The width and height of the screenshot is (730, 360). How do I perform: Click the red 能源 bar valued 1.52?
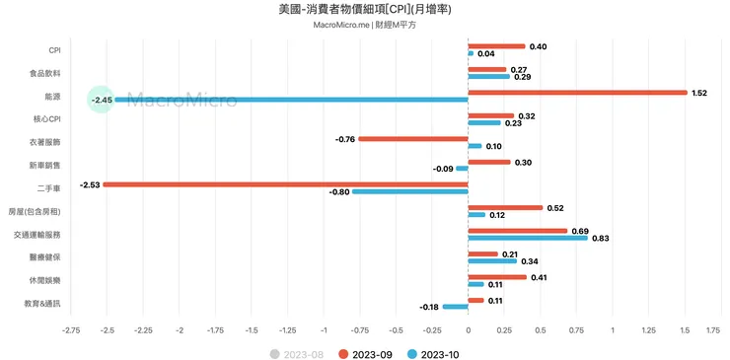(x=577, y=93)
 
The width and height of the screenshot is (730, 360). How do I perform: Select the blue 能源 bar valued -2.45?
(x=291, y=100)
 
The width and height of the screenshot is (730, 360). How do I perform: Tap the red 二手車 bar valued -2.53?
(x=285, y=184)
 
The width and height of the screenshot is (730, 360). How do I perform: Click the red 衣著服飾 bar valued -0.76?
(x=412, y=139)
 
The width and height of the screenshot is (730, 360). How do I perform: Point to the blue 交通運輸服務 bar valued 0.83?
(x=527, y=238)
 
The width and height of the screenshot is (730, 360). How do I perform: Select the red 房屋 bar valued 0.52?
(x=505, y=208)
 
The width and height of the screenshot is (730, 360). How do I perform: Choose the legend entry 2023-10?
(x=434, y=353)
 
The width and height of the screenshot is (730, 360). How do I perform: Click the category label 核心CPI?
(x=46, y=119)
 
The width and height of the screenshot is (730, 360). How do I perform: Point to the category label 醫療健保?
(x=44, y=257)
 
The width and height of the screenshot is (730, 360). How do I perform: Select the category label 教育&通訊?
(x=40, y=304)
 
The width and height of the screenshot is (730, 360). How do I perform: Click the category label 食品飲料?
(x=44, y=73)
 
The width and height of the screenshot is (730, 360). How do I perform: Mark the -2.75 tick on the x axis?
(x=70, y=330)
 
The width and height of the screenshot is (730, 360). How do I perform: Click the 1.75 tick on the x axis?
(x=713, y=330)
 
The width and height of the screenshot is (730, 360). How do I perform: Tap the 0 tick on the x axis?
(x=468, y=330)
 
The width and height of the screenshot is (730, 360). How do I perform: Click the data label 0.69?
(x=580, y=231)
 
